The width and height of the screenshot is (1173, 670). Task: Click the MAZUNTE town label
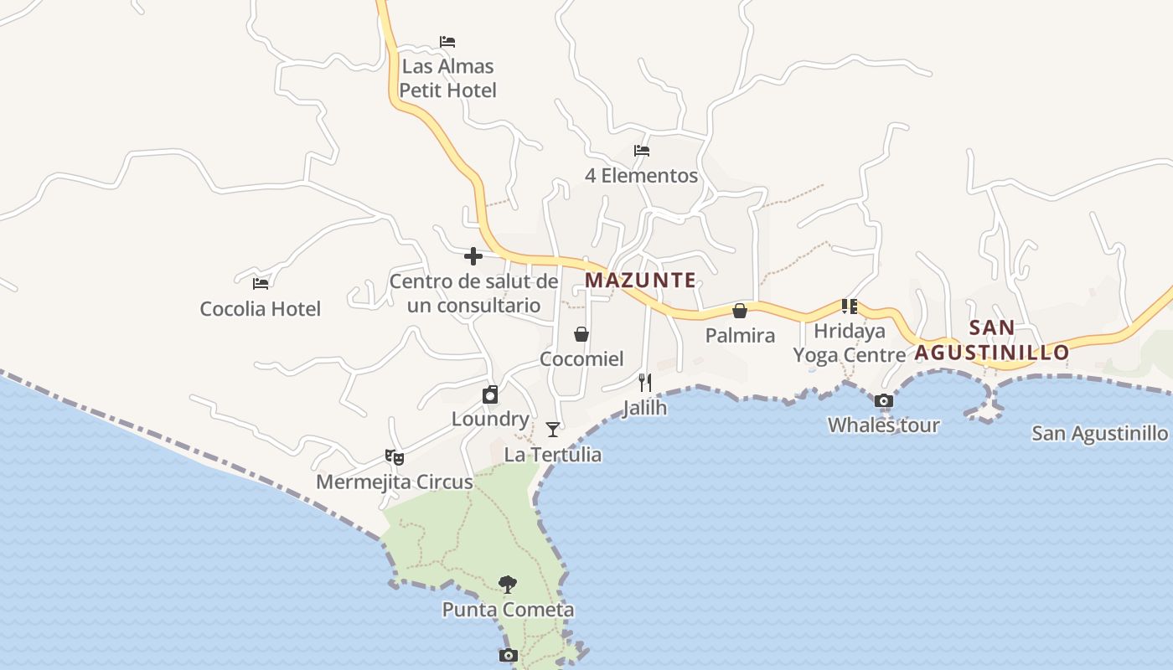640,281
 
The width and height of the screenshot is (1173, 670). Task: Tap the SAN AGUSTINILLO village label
992,340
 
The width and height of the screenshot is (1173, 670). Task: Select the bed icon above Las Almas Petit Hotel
447,42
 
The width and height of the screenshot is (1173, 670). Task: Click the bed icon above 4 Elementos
642,152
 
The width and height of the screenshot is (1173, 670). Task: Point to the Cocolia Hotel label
260,309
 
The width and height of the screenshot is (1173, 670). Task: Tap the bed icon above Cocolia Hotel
261,284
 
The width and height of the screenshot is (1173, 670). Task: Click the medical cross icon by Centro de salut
473,256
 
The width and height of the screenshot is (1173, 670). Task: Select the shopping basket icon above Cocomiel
581,334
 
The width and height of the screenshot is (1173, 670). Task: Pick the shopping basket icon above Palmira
740,312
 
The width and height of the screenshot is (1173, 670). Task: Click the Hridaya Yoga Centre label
850,343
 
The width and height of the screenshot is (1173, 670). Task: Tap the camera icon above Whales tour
884,401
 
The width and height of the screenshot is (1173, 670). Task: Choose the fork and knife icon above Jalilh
645,383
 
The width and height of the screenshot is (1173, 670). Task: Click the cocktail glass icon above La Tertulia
553,430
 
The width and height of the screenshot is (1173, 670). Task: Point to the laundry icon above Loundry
490,394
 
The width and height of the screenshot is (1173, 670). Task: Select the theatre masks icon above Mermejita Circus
395,457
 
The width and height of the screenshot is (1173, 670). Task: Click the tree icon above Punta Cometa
507,585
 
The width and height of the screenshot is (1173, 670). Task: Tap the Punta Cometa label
508,610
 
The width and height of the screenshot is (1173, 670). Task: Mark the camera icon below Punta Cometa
508,656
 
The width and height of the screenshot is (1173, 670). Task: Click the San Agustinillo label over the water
1099,434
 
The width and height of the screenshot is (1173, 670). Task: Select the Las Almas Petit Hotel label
448,78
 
